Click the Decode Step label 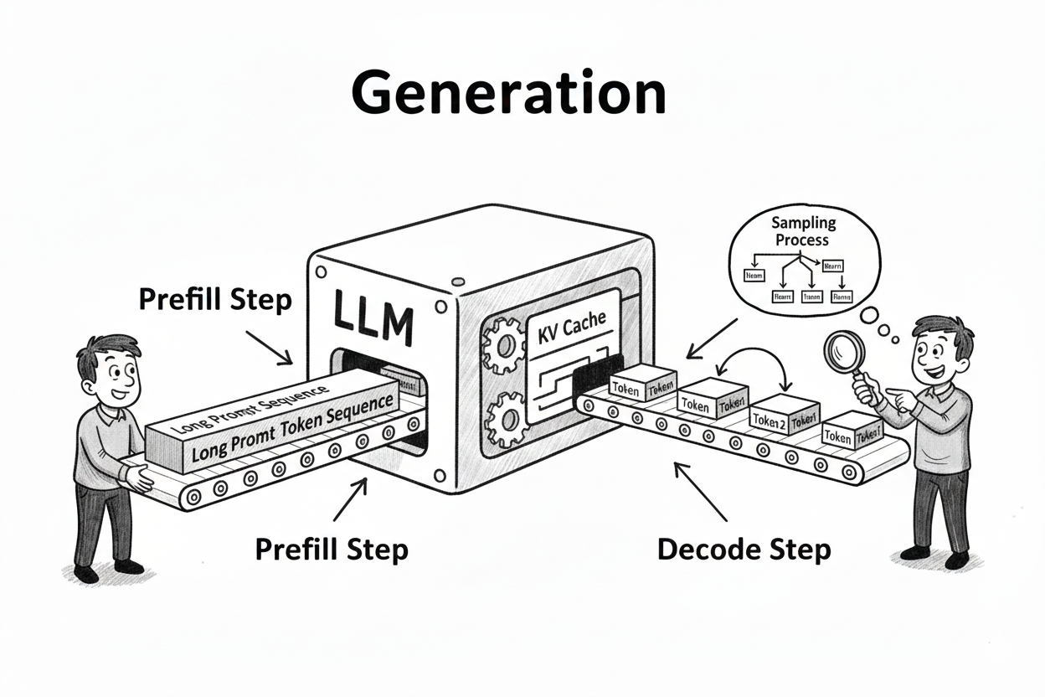pyautogui.click(x=744, y=550)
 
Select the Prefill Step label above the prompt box pyautogui.click(x=215, y=300)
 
